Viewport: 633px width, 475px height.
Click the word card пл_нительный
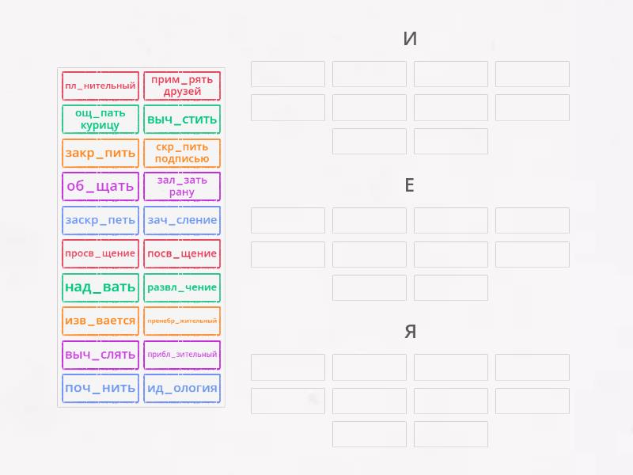100,85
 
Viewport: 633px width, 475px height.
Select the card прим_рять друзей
182,85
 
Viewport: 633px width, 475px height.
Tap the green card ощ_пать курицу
100,120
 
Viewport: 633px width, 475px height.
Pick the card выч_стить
182,120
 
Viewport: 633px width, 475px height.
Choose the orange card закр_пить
100,153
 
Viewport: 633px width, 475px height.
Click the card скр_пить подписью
182,153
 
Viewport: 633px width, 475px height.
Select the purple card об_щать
100,187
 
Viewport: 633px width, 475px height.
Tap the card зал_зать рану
182,187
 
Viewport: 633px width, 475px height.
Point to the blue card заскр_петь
100,221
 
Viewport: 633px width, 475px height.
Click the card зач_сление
182,221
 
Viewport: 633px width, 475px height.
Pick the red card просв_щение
100,253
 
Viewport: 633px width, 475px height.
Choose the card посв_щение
182,253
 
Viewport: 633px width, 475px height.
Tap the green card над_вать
100,287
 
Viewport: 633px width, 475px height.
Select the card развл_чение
182,287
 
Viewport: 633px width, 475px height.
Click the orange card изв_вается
100,321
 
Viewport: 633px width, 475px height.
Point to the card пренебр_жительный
182,321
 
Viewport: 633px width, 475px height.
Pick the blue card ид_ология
182,389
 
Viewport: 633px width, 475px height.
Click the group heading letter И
410,39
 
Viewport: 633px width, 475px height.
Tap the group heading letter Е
409,185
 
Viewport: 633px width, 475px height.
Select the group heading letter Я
410,332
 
